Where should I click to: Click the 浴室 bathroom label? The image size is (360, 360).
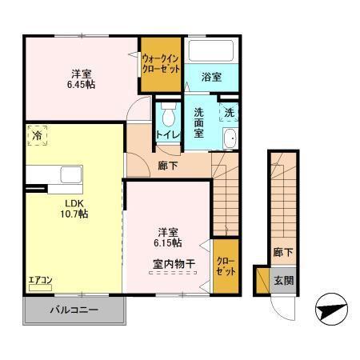coord(211,77)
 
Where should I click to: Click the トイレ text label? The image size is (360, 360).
coord(167,134)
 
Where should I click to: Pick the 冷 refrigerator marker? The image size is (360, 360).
coord(37,137)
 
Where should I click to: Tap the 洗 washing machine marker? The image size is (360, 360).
coord(229,114)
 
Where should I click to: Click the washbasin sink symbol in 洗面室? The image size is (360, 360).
coord(230,139)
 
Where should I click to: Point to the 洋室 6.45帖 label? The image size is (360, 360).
coord(80,77)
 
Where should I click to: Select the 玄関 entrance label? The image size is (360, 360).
coord(283,280)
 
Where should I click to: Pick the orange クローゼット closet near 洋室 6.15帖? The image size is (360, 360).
coord(225,266)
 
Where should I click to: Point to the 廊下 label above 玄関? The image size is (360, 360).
coord(283,251)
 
